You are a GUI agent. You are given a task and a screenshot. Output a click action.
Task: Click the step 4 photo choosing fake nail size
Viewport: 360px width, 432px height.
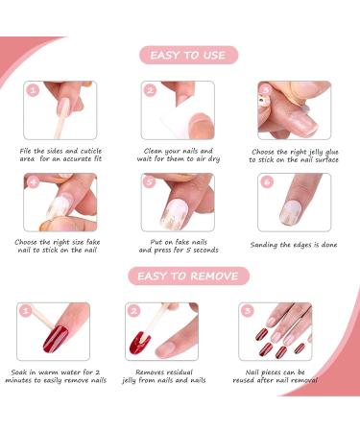tap(60, 202)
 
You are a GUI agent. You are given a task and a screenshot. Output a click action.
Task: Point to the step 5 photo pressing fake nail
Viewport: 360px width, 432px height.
tap(178, 202)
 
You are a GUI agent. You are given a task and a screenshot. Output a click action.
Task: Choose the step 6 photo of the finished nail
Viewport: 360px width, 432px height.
tap(295, 202)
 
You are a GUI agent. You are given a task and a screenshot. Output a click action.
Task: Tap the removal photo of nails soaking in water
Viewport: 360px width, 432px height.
tap(55, 332)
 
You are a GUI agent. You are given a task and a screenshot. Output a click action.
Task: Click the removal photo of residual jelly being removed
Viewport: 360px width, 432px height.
tap(162, 332)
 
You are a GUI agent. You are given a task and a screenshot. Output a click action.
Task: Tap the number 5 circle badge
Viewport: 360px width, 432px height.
tap(149, 180)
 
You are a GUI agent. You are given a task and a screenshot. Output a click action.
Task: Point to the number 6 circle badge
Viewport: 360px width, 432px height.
tap(265, 180)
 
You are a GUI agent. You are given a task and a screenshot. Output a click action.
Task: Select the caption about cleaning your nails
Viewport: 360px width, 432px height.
tap(178, 156)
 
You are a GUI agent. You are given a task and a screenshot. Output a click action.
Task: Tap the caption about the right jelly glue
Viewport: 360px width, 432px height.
tap(294, 156)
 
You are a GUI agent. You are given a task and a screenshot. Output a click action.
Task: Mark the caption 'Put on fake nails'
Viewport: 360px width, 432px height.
tap(178, 246)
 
